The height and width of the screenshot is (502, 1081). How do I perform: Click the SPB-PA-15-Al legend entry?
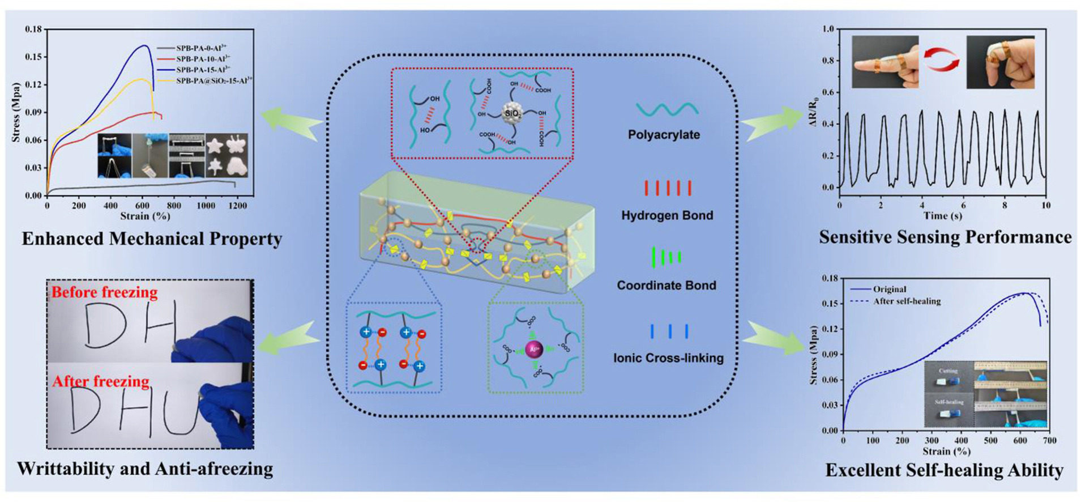(x=202, y=69)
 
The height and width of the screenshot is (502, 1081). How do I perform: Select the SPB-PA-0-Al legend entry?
(x=201, y=48)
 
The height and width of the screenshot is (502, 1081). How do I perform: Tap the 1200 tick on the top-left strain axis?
(x=237, y=206)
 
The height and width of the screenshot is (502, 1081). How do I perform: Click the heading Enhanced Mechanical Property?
(x=152, y=239)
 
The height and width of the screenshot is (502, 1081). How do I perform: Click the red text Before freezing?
(x=104, y=292)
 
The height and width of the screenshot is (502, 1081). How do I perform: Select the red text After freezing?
(x=101, y=381)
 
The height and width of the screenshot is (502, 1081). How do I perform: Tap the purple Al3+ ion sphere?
(x=533, y=350)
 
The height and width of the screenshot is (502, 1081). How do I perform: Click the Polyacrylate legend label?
(x=664, y=135)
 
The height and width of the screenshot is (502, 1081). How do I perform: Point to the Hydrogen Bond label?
(x=667, y=215)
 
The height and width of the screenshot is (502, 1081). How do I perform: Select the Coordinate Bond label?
(x=666, y=286)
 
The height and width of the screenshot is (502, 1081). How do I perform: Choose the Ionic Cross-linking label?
(x=668, y=358)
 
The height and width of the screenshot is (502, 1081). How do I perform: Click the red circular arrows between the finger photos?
(x=942, y=59)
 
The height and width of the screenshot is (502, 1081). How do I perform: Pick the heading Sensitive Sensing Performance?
(x=945, y=237)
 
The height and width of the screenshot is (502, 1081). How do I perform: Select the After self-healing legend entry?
(x=906, y=301)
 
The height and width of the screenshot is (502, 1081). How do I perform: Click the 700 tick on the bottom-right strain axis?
(x=1049, y=440)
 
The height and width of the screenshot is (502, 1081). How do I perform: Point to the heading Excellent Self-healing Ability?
(x=944, y=470)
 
